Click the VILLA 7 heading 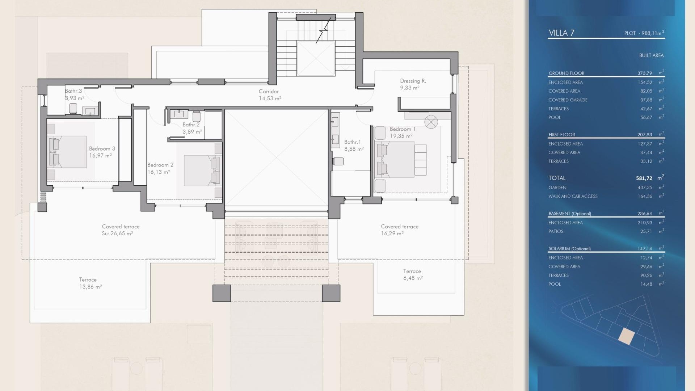[561, 33]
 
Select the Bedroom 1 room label [403, 129]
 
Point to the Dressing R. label [413, 81]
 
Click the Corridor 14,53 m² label [269, 95]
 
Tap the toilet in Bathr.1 [338, 161]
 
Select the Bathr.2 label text [191, 125]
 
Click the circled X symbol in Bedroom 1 [431, 122]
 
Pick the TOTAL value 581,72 [644, 178]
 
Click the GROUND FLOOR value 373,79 [644, 73]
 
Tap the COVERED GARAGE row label [568, 100]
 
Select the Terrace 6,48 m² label [412, 274]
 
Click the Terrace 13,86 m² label [90, 283]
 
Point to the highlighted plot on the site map [626, 336]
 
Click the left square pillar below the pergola [222, 293]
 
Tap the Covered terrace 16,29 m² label [399, 230]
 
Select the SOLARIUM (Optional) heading [569, 249]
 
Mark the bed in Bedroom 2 [201, 171]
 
